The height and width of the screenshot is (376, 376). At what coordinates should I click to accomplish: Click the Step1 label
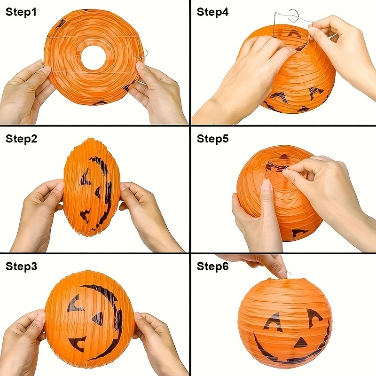[21, 12]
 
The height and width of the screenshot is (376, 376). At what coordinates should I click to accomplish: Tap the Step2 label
[21, 139]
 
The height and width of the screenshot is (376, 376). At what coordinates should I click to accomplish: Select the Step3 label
[21, 266]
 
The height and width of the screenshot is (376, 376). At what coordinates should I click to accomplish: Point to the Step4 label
[213, 12]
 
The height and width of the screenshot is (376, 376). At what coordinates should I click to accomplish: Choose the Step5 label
[213, 139]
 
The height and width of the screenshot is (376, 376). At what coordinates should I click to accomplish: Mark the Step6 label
[213, 266]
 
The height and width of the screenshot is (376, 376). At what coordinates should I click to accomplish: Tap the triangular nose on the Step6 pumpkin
[300, 343]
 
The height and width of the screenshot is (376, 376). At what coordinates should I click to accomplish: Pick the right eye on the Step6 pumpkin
[314, 316]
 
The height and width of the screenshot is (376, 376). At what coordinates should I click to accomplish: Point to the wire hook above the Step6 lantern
[289, 274]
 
